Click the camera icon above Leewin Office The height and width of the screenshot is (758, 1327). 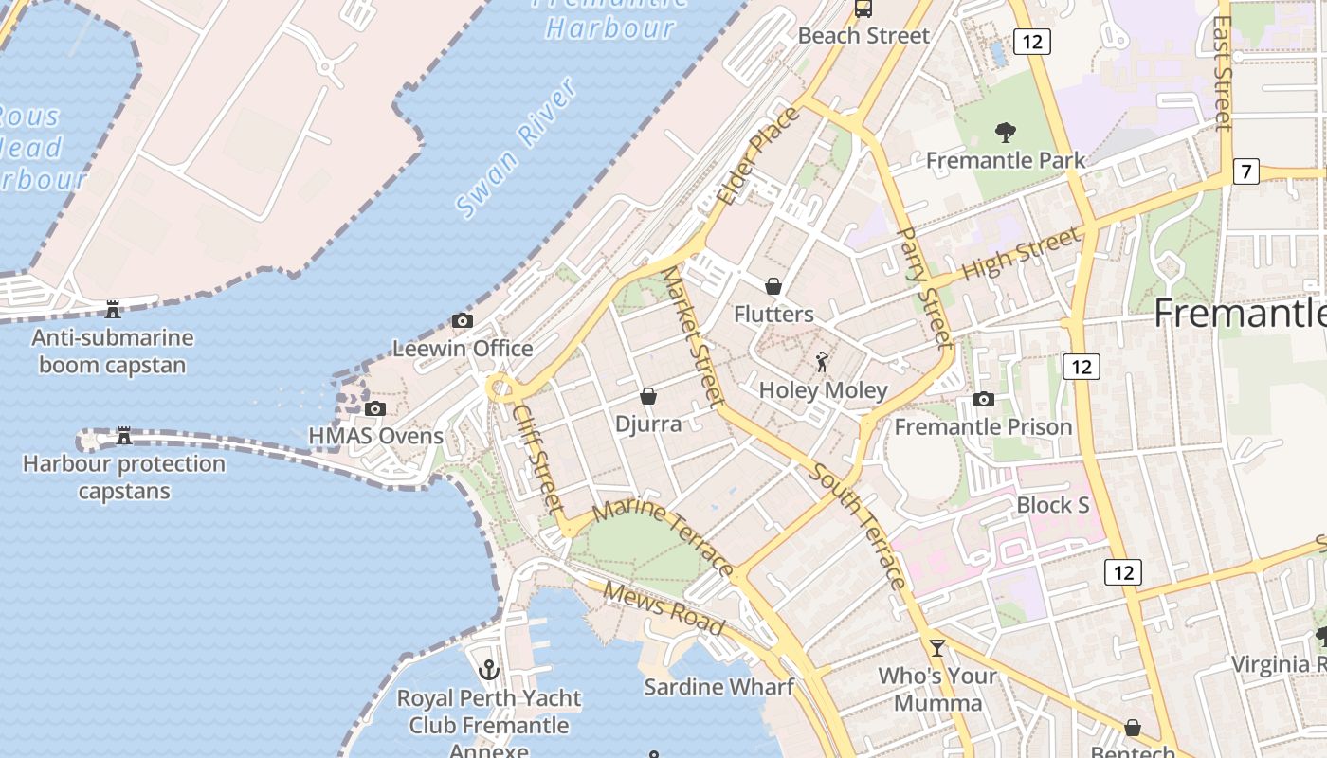(x=463, y=320)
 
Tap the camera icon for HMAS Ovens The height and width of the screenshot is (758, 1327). (x=375, y=408)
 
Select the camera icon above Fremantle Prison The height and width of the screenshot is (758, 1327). (x=984, y=399)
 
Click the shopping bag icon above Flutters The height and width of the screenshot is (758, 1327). (x=773, y=286)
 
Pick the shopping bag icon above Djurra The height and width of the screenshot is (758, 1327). (x=648, y=395)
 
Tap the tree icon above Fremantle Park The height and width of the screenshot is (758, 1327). (x=1006, y=133)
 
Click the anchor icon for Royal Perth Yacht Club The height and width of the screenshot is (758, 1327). (x=489, y=670)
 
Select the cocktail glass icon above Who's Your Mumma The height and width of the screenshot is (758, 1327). (x=937, y=648)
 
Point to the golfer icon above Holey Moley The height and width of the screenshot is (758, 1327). (x=822, y=362)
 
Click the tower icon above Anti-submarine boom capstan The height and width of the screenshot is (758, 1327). (x=113, y=309)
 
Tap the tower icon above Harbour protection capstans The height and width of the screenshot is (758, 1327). (x=124, y=436)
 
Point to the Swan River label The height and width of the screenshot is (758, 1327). (x=517, y=149)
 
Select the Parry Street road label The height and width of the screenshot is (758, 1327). (x=922, y=286)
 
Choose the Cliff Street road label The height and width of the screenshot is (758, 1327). (x=538, y=459)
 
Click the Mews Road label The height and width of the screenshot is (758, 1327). (x=663, y=608)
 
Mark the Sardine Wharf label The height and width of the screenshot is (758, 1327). (x=718, y=686)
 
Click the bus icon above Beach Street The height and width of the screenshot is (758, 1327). (x=863, y=9)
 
